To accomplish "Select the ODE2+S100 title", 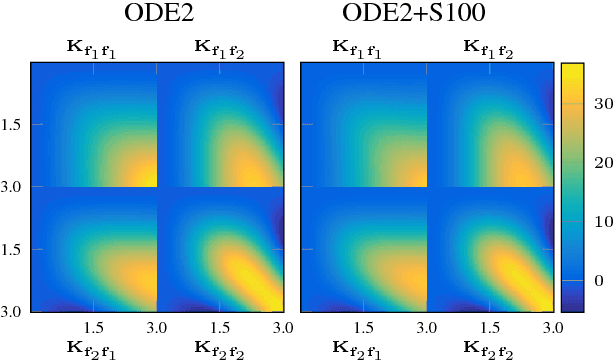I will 428,16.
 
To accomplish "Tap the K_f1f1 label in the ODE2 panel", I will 93,47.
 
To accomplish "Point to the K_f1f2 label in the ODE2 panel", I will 221,47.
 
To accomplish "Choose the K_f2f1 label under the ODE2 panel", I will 93,347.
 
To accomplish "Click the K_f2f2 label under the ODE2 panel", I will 221,347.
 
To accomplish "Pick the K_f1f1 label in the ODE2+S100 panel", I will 363,47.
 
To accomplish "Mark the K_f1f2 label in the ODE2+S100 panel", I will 491,47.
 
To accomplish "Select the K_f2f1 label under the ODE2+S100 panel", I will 363,347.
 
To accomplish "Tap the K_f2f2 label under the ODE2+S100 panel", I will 491,347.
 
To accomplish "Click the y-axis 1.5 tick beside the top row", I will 14,125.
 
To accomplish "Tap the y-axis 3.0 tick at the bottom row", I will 14,311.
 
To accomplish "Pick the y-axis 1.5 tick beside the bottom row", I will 14,249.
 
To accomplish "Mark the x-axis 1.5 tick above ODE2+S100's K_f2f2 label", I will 491,326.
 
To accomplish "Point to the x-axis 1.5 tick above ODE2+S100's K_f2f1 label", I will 363,326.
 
